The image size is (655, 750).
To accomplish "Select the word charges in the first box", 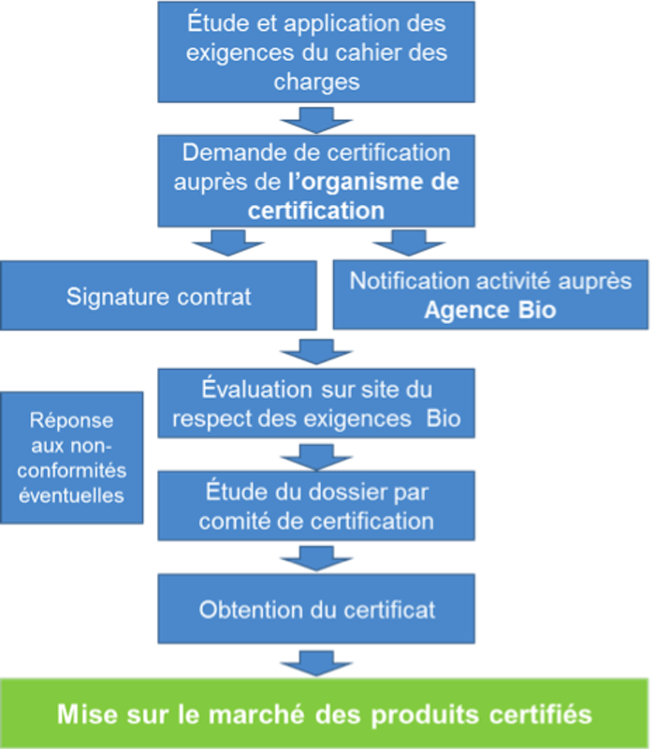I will point(316,81).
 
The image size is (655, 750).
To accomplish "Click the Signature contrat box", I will point(159,297).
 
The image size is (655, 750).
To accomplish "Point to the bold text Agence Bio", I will point(489,310).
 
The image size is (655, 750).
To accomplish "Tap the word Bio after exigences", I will point(444,419).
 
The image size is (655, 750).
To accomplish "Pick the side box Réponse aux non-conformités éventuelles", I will point(72,458).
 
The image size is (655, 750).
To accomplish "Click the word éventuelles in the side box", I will point(72,495).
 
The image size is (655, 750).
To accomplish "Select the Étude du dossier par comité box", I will point(316,506).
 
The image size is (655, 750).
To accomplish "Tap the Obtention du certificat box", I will point(316,610).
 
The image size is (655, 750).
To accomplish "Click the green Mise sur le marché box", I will point(325,713).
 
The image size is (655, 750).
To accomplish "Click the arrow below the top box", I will point(315,119).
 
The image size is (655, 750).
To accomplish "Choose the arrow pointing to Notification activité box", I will point(408,243).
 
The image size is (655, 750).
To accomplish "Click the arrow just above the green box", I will point(315,660).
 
